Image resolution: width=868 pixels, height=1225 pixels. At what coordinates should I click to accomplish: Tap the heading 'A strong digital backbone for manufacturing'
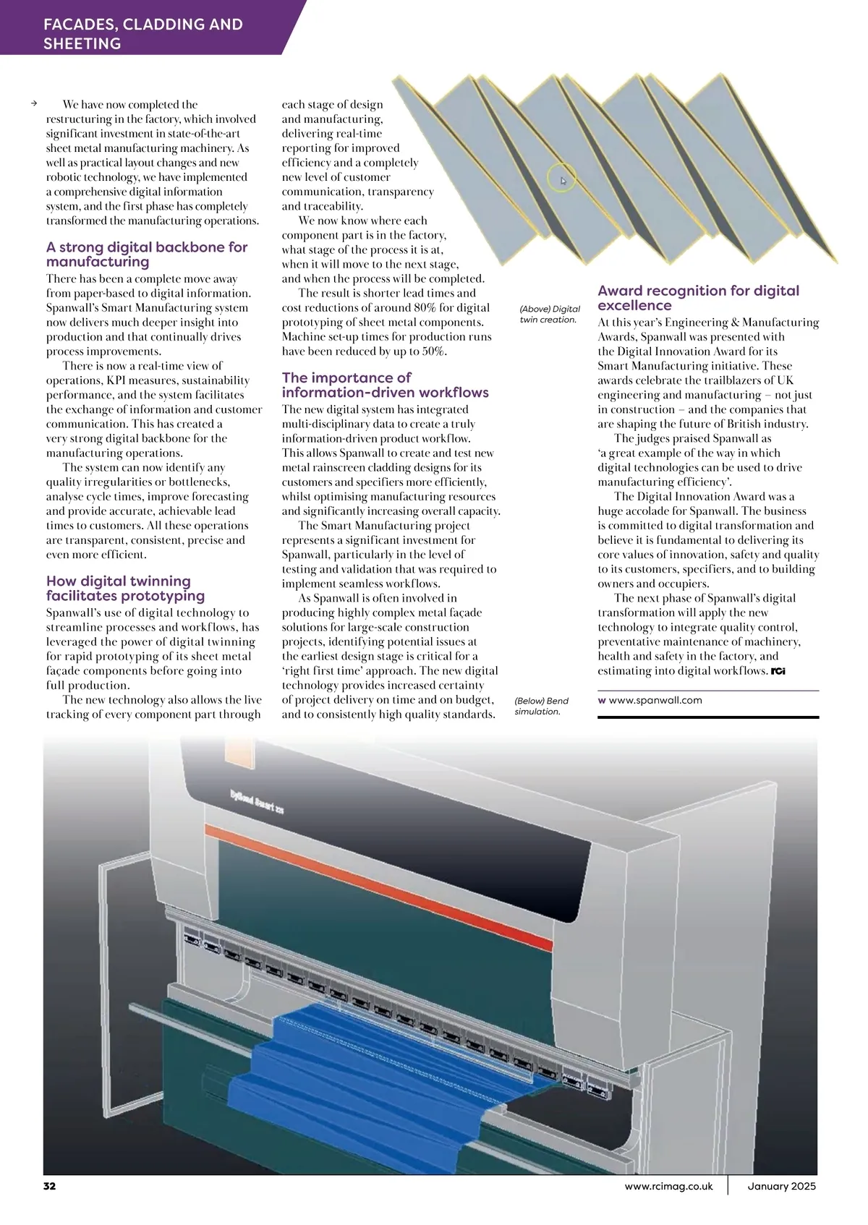tap(147, 255)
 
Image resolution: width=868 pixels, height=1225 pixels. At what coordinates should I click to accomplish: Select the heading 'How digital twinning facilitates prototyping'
tap(125, 589)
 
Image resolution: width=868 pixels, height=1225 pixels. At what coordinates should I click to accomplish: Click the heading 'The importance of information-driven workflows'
tap(385, 385)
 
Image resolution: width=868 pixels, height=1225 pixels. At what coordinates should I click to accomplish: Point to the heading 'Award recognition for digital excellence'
tap(698, 297)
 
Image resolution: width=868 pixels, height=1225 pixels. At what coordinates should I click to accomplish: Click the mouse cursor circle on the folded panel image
tap(562, 177)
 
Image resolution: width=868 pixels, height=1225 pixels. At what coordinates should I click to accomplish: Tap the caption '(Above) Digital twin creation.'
tap(550, 314)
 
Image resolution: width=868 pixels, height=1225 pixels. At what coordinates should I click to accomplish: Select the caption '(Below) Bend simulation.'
tap(542, 706)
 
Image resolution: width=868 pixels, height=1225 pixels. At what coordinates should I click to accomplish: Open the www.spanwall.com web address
tap(655, 700)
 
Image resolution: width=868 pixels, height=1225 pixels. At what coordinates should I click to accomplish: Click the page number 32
tap(49, 1186)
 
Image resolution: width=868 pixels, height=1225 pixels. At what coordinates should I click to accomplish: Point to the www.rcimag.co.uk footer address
tap(668, 1186)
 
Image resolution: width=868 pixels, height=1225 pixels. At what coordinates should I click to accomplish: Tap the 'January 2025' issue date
tap(782, 1186)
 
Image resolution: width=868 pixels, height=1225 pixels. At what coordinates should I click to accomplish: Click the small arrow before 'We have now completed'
tap(34, 103)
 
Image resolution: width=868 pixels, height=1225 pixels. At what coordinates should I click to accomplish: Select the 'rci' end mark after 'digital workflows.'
tap(778, 671)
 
